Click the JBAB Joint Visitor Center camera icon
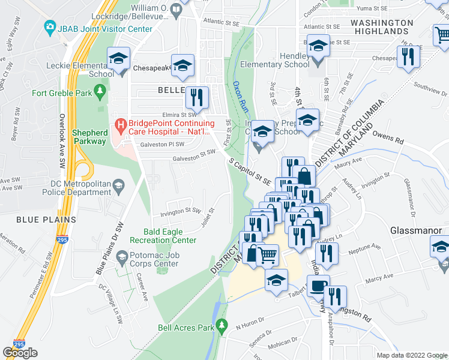click(x=50, y=28)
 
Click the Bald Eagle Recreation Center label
click(x=170, y=236)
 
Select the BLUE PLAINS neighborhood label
click(x=38, y=220)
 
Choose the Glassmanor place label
click(x=416, y=230)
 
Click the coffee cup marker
click(x=318, y=286)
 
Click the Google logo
click(x=20, y=353)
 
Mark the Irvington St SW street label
click(x=180, y=211)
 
